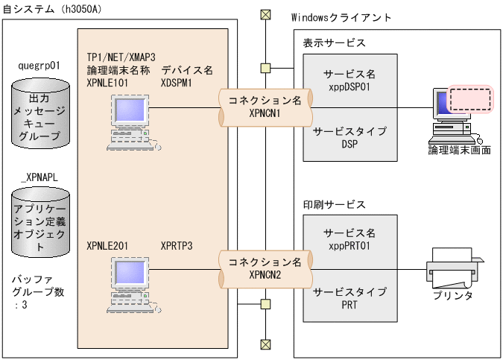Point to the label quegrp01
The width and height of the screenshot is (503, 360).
[39, 66]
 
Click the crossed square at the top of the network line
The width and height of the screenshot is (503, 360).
[265, 14]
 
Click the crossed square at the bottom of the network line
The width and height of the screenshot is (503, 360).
[265, 344]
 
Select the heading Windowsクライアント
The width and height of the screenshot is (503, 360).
[342, 16]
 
